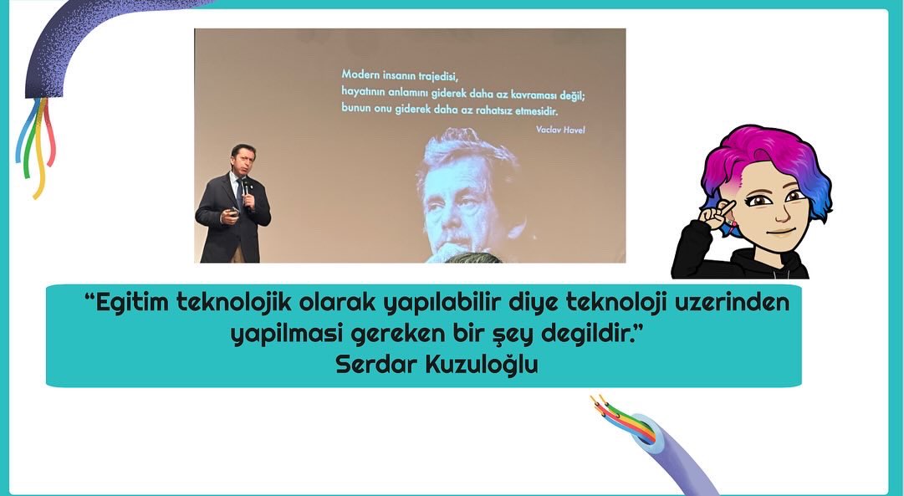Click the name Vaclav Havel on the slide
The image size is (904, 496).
pyautogui.click(x=559, y=129)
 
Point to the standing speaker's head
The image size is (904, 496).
pyautogui.click(x=243, y=159)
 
